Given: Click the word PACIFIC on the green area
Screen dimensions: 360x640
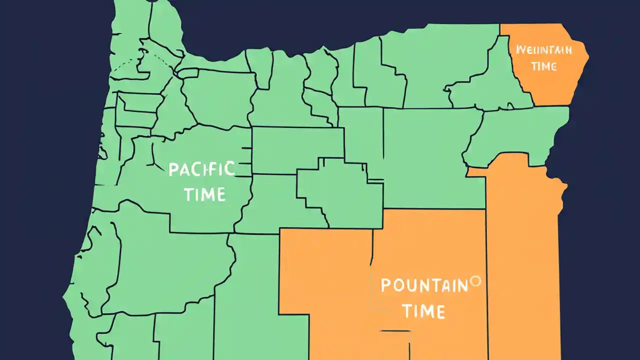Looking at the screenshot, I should [201, 169].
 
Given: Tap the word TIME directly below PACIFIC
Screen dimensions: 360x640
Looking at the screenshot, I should [205, 194].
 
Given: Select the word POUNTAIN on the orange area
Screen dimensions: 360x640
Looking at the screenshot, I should [424, 285].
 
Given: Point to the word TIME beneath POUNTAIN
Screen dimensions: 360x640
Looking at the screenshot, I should [423, 311].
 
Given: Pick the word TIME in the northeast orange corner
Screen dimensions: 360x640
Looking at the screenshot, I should [544, 65].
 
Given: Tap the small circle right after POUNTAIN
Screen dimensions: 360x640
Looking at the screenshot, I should [475, 281].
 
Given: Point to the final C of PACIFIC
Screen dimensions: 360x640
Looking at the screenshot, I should [229, 169].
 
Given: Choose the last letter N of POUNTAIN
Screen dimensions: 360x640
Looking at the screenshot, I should [462, 285].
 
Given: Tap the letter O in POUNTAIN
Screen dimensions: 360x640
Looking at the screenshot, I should [397, 286].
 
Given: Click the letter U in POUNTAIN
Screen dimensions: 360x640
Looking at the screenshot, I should [410, 286].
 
